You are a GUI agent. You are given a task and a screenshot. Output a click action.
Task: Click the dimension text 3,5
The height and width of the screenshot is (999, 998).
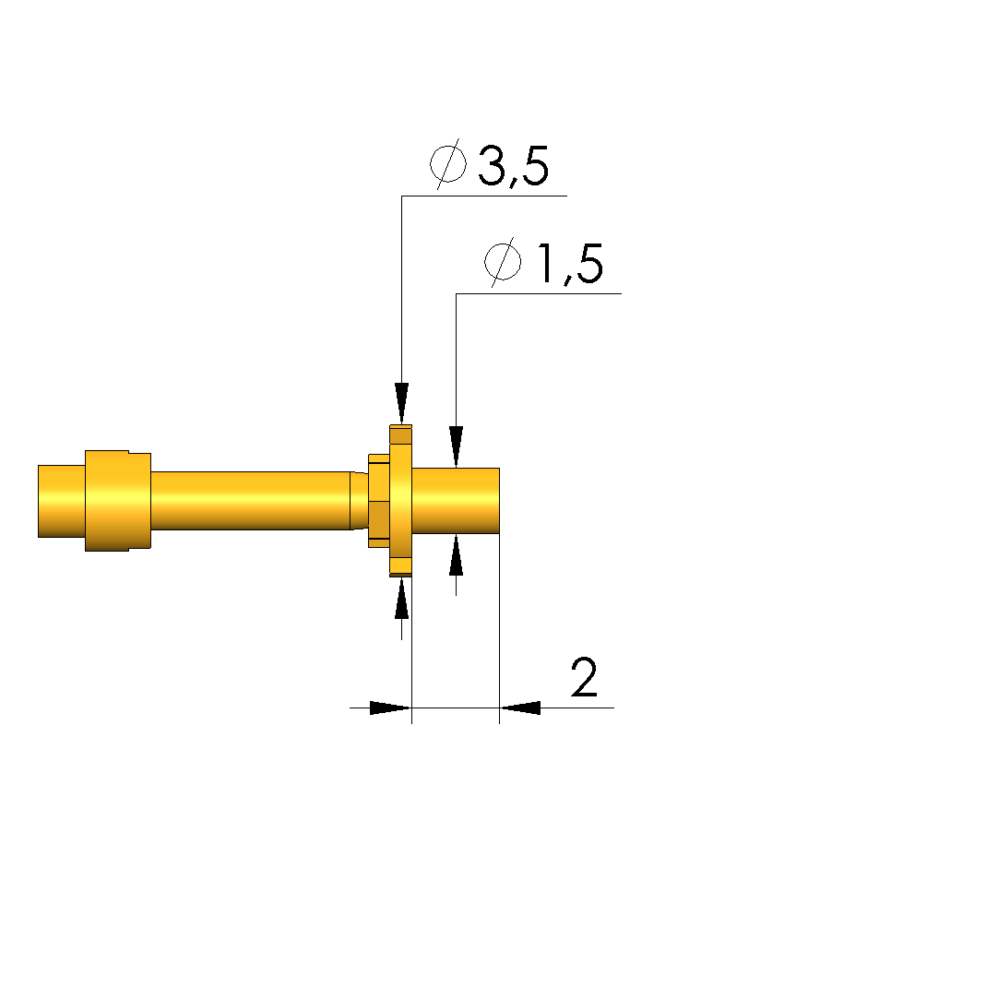[x=513, y=166]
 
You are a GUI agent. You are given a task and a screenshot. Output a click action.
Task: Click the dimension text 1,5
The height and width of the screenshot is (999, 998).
[x=570, y=263]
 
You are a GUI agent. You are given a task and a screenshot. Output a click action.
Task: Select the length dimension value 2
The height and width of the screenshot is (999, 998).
[x=584, y=677]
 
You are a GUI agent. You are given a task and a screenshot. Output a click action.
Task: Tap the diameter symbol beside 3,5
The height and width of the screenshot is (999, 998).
[x=447, y=164]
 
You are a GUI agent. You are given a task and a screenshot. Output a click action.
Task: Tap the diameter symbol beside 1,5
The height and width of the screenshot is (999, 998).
[x=503, y=262]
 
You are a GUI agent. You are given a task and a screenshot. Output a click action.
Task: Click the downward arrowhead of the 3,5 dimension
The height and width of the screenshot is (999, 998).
[x=401, y=403]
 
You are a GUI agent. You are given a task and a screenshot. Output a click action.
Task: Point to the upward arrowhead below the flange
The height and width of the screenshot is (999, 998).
[x=401, y=599]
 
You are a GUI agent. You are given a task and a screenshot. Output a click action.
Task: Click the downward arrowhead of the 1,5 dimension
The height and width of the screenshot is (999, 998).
[x=456, y=446]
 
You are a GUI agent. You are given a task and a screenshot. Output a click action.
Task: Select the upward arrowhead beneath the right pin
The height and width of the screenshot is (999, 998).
[x=456, y=555]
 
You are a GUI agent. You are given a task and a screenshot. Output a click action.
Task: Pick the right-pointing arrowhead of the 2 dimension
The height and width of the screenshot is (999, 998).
[x=391, y=708]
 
